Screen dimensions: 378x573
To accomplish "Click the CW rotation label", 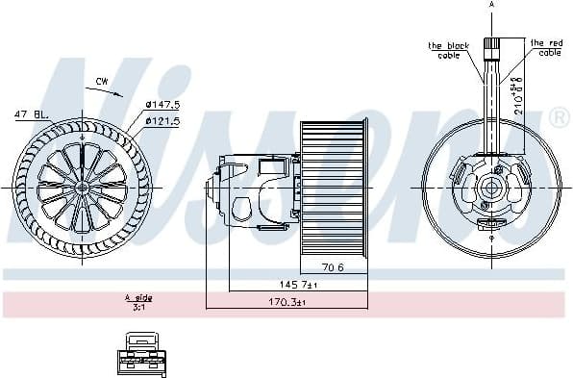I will click(x=102, y=83).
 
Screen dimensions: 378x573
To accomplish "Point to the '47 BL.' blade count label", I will click(x=32, y=114).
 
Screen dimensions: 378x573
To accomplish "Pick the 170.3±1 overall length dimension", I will click(x=286, y=304).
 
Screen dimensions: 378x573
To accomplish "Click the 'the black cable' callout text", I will click(x=448, y=50).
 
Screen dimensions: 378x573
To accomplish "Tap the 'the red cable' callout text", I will click(x=546, y=47).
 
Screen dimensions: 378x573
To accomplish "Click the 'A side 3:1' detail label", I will click(x=138, y=303).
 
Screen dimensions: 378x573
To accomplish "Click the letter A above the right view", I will click(x=492, y=6).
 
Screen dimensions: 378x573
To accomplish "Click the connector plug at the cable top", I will click(x=492, y=45).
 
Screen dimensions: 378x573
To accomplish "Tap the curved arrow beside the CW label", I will click(x=113, y=93).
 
